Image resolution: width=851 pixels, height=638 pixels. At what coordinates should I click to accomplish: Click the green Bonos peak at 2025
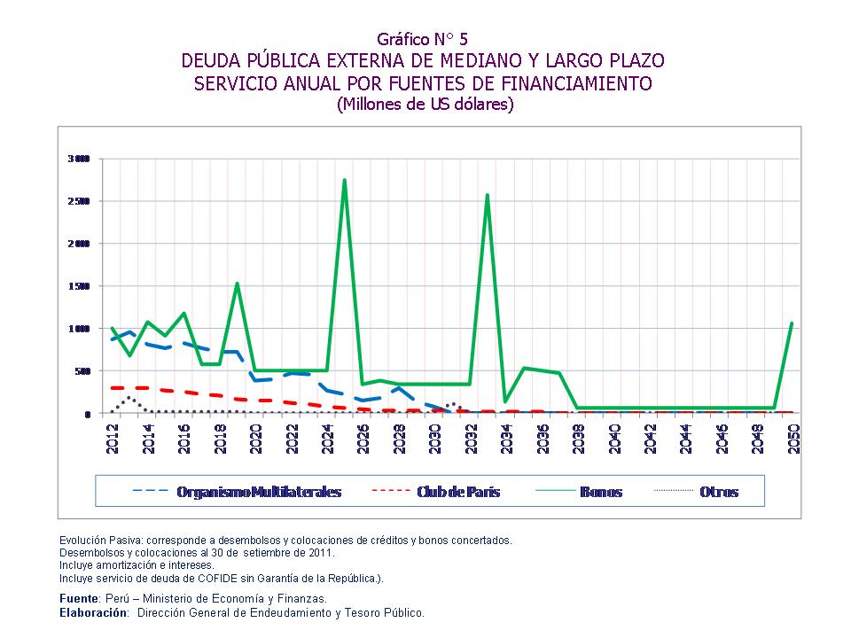tap(344, 181)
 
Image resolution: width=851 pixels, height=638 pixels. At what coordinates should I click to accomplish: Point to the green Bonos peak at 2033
tap(487, 195)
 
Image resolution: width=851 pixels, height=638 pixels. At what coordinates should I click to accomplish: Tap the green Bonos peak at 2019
tap(237, 284)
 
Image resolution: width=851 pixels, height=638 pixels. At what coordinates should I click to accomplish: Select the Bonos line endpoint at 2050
tap(790, 323)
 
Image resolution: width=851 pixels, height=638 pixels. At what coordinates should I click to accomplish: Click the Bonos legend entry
tap(601, 492)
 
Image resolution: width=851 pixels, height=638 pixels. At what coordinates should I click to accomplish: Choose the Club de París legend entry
tap(457, 492)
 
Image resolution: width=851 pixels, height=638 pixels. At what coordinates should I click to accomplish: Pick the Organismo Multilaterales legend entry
tap(258, 492)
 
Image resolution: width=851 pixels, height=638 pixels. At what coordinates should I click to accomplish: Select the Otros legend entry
tap(718, 492)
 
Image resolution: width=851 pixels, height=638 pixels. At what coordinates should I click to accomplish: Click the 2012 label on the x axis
tap(113, 437)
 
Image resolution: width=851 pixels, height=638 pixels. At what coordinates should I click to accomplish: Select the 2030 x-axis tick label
tap(434, 437)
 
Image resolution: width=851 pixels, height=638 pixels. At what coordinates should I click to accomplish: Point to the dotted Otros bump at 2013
tap(129, 398)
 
